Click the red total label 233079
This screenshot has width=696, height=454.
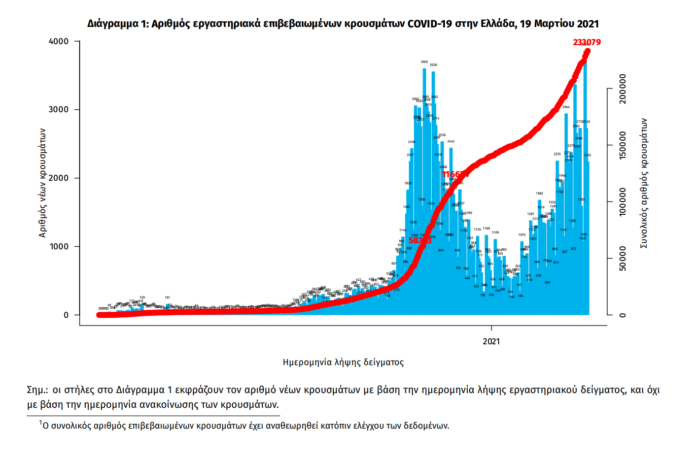[x=587, y=43]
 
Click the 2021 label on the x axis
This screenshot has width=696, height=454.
[x=492, y=341]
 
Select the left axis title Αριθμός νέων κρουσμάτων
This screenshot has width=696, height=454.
[x=44, y=178]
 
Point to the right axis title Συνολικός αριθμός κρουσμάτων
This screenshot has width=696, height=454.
[x=644, y=183]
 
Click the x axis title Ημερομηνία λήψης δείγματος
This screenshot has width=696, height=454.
[x=343, y=363]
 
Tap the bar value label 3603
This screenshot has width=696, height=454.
[x=425, y=62]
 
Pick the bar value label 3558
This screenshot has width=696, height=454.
[x=433, y=65]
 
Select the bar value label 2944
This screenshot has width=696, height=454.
[x=566, y=107]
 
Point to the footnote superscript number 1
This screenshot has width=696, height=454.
[x=41, y=422]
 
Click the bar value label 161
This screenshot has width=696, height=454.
[x=167, y=297]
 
